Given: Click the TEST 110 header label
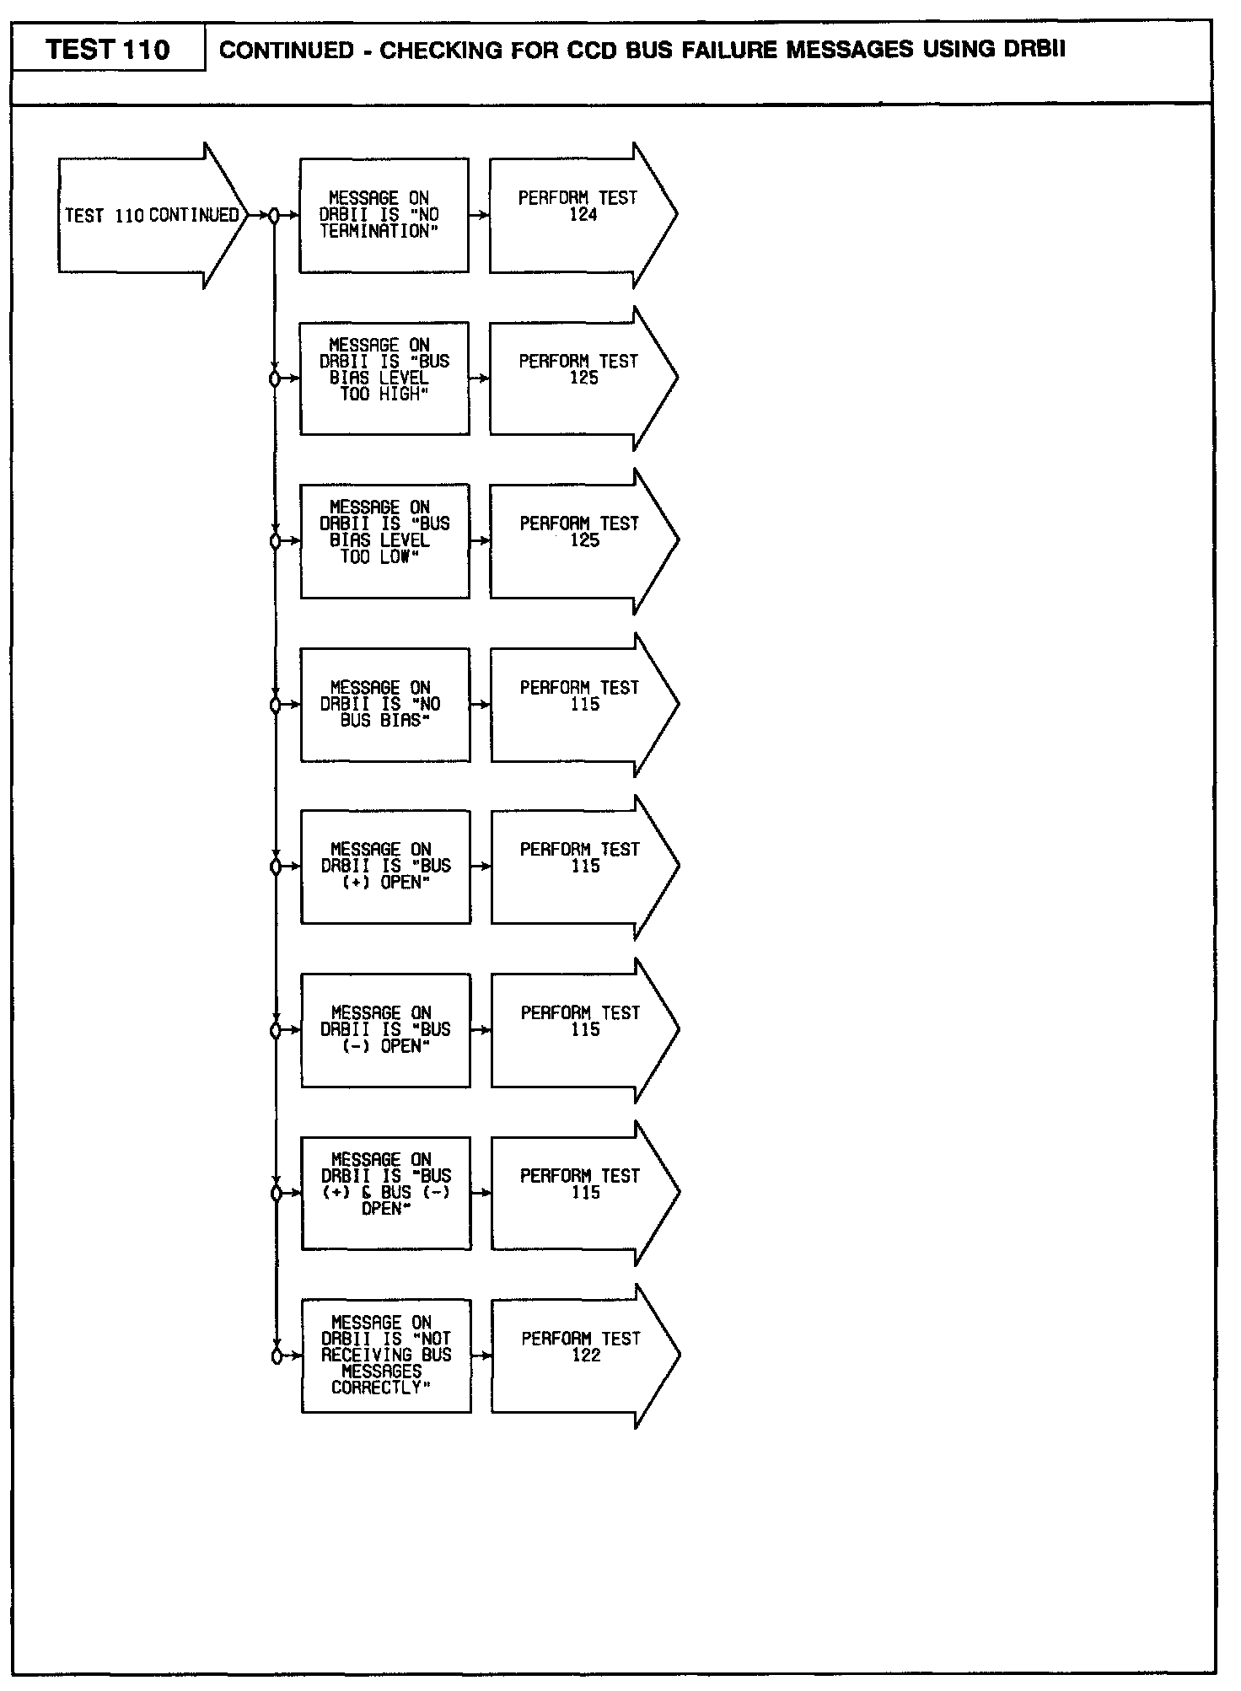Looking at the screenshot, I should (x=108, y=50).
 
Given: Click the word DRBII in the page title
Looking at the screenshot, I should (x=1034, y=49).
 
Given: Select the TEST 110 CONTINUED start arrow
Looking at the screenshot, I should (x=152, y=216).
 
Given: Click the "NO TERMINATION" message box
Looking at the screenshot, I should (x=384, y=215).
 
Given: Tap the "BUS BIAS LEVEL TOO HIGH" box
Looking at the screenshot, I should (x=384, y=378).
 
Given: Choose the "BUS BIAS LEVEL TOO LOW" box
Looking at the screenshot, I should (x=384, y=540).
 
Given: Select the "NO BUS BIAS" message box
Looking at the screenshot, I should (x=385, y=704).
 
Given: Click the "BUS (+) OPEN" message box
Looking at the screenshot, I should (x=385, y=867).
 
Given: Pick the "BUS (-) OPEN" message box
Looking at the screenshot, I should (x=385, y=1029).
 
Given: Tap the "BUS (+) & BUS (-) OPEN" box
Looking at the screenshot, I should (x=386, y=1192).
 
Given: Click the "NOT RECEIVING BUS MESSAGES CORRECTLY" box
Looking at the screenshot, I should (x=386, y=1355).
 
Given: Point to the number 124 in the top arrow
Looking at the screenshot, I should (x=583, y=216).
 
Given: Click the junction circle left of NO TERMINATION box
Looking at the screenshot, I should (x=274, y=216).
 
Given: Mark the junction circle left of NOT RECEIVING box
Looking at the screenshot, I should (x=276, y=1355).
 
